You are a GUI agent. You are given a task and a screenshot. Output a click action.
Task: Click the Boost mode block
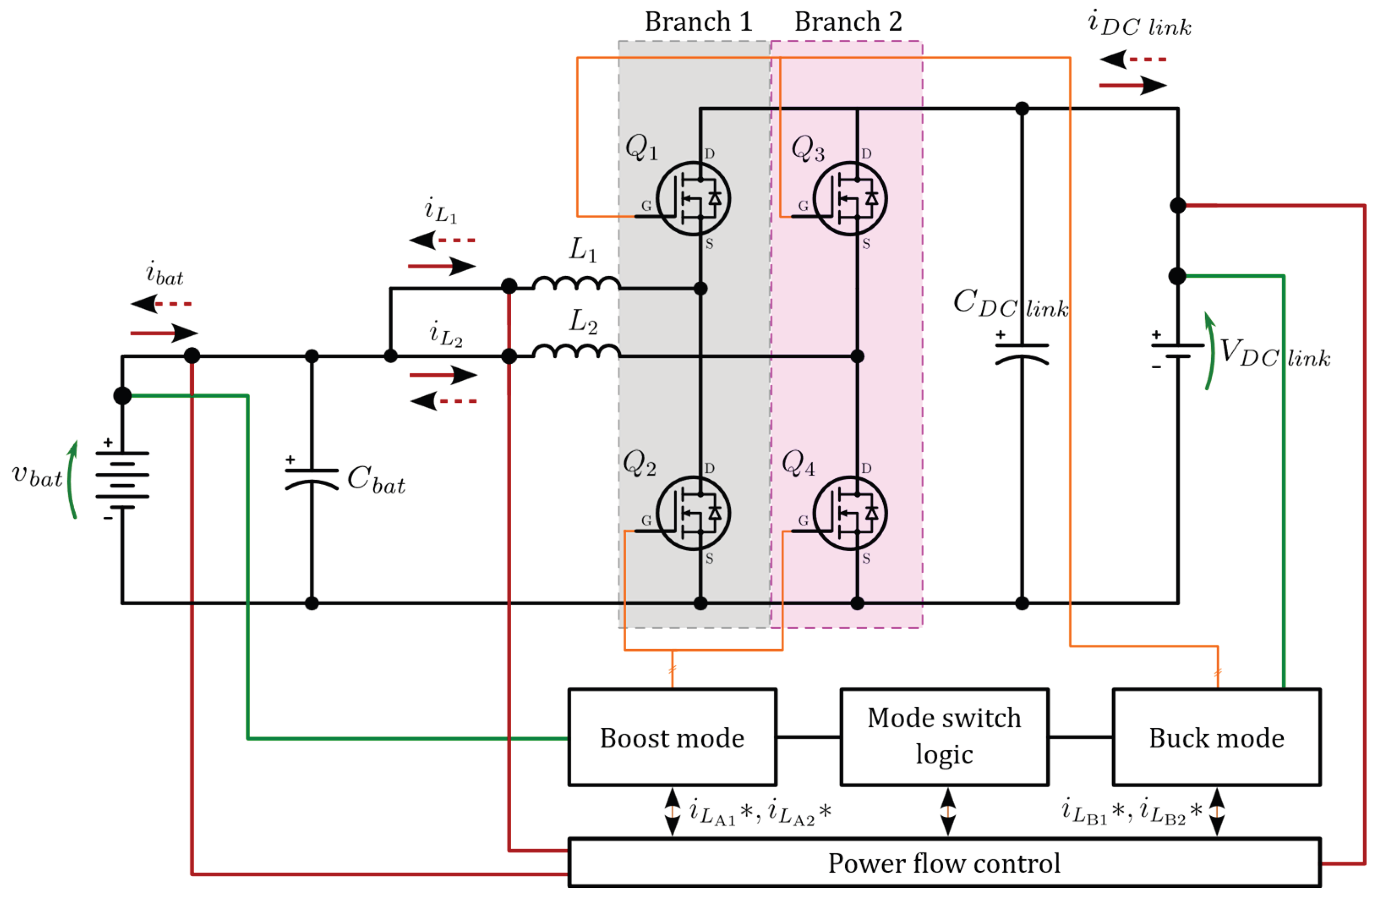[x=672, y=737]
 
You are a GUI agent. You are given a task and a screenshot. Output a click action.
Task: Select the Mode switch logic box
[x=945, y=737]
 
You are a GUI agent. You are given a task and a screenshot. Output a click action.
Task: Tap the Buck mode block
[x=1217, y=737]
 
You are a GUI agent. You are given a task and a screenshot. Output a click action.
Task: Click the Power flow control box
[x=945, y=863]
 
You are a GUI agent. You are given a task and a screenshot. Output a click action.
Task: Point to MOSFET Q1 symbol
[x=694, y=198]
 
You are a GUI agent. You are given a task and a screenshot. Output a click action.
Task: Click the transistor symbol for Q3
[x=850, y=198]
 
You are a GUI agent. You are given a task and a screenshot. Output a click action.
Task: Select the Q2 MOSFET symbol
[x=694, y=513]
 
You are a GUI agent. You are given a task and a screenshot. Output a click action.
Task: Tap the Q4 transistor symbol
[x=850, y=513]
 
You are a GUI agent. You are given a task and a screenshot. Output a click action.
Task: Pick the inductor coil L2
[x=576, y=351]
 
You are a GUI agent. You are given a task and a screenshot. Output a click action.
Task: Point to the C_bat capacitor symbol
[x=312, y=478]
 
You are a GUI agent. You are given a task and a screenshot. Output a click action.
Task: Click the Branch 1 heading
[x=699, y=22]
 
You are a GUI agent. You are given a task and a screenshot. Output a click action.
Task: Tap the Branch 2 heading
[x=848, y=22]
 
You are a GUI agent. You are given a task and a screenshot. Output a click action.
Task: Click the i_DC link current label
[x=1139, y=24]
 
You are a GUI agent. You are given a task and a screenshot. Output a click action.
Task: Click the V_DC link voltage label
[x=1275, y=352]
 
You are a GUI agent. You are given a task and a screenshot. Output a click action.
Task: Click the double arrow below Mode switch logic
[x=948, y=811]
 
